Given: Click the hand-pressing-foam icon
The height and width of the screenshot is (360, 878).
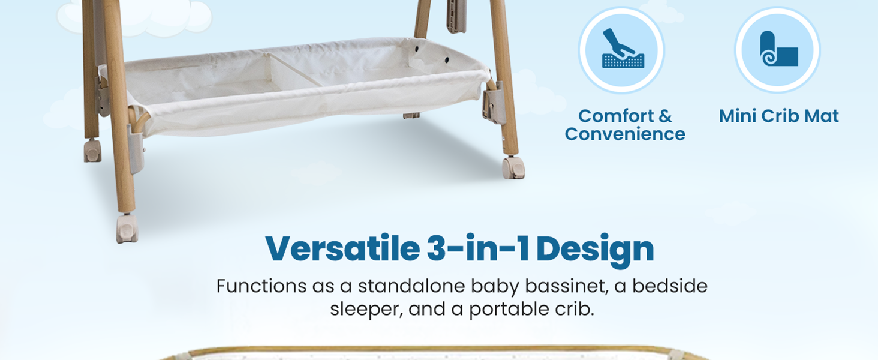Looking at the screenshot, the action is tap(623, 49).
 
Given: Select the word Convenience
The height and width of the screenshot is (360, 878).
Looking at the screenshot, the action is tap(625, 134).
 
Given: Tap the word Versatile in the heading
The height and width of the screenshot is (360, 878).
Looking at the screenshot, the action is tap(343, 248).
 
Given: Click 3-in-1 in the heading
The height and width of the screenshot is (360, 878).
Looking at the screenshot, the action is tap(478, 248).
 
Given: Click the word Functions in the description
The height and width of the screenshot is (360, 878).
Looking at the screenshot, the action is tap(261, 286).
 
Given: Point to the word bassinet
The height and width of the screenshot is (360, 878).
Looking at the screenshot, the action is tap(567, 286).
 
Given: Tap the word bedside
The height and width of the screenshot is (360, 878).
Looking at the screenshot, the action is tap(670, 286).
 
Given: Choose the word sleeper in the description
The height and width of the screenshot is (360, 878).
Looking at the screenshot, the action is tap(366, 310).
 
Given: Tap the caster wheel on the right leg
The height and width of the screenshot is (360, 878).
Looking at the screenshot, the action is tap(513, 168).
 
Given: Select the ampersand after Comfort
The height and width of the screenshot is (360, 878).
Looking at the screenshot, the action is tap(665, 116).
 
